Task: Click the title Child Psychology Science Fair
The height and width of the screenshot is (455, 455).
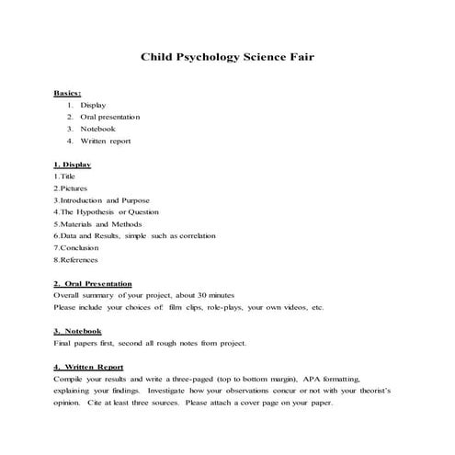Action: (228, 57)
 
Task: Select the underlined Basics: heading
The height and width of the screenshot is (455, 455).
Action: (67, 93)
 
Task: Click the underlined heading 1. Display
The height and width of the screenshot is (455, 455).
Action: (72, 164)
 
